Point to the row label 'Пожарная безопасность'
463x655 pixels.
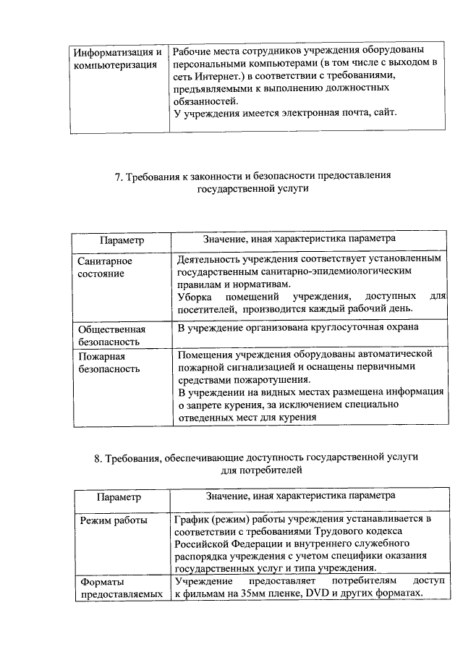pos(109,362)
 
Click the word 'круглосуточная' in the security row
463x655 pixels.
pos(340,328)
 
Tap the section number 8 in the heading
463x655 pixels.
pos(97,457)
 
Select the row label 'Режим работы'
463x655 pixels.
pos(114,520)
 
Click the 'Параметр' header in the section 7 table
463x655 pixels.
pos(122,240)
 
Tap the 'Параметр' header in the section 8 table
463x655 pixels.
pos(119,497)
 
